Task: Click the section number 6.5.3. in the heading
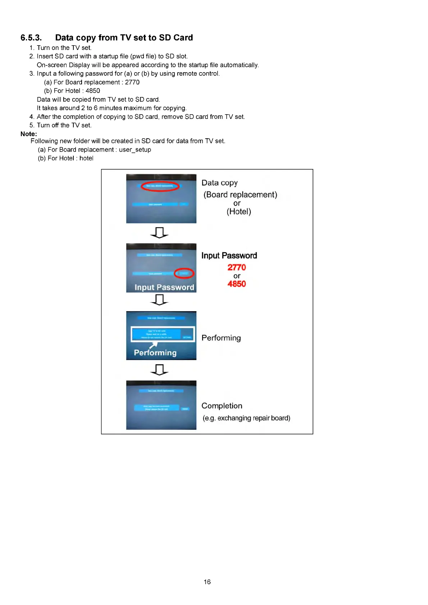pos(31,38)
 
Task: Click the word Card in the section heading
pos(183,38)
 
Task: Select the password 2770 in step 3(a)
pos(132,82)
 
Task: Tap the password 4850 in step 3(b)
pos(93,91)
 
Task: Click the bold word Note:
pos(29,134)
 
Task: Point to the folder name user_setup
pos(135,150)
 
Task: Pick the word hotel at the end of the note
pos(86,158)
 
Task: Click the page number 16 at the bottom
pos(207,582)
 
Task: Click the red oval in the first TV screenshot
pos(160,186)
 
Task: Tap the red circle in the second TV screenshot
pos(184,273)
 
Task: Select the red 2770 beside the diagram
pos(237,267)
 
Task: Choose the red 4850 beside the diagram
pos(237,284)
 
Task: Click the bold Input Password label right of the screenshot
pos(229,255)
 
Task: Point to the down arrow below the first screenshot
pos(159,233)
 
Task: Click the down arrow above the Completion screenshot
pos(159,370)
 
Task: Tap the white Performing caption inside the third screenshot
pos(155,353)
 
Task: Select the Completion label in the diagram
pos(222,406)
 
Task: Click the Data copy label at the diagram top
pos(219,183)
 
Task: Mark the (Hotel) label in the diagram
pos(239,212)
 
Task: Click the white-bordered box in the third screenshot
pos(163,334)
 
